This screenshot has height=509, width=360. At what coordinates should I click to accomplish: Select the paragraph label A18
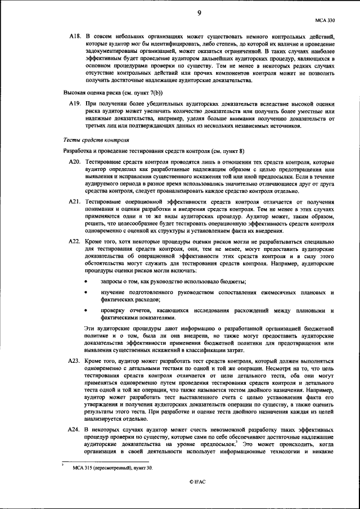coord(75,36)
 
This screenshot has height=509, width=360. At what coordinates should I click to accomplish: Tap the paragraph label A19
coord(75,104)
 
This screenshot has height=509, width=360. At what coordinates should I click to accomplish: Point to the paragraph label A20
coord(75,162)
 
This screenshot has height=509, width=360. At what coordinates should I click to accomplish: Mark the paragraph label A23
coord(75,359)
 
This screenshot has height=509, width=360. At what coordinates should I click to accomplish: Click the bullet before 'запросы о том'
coord(85,281)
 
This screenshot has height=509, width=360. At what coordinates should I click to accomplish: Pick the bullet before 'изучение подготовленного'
coord(85,293)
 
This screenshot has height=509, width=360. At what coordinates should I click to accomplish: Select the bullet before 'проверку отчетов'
coord(85,311)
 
